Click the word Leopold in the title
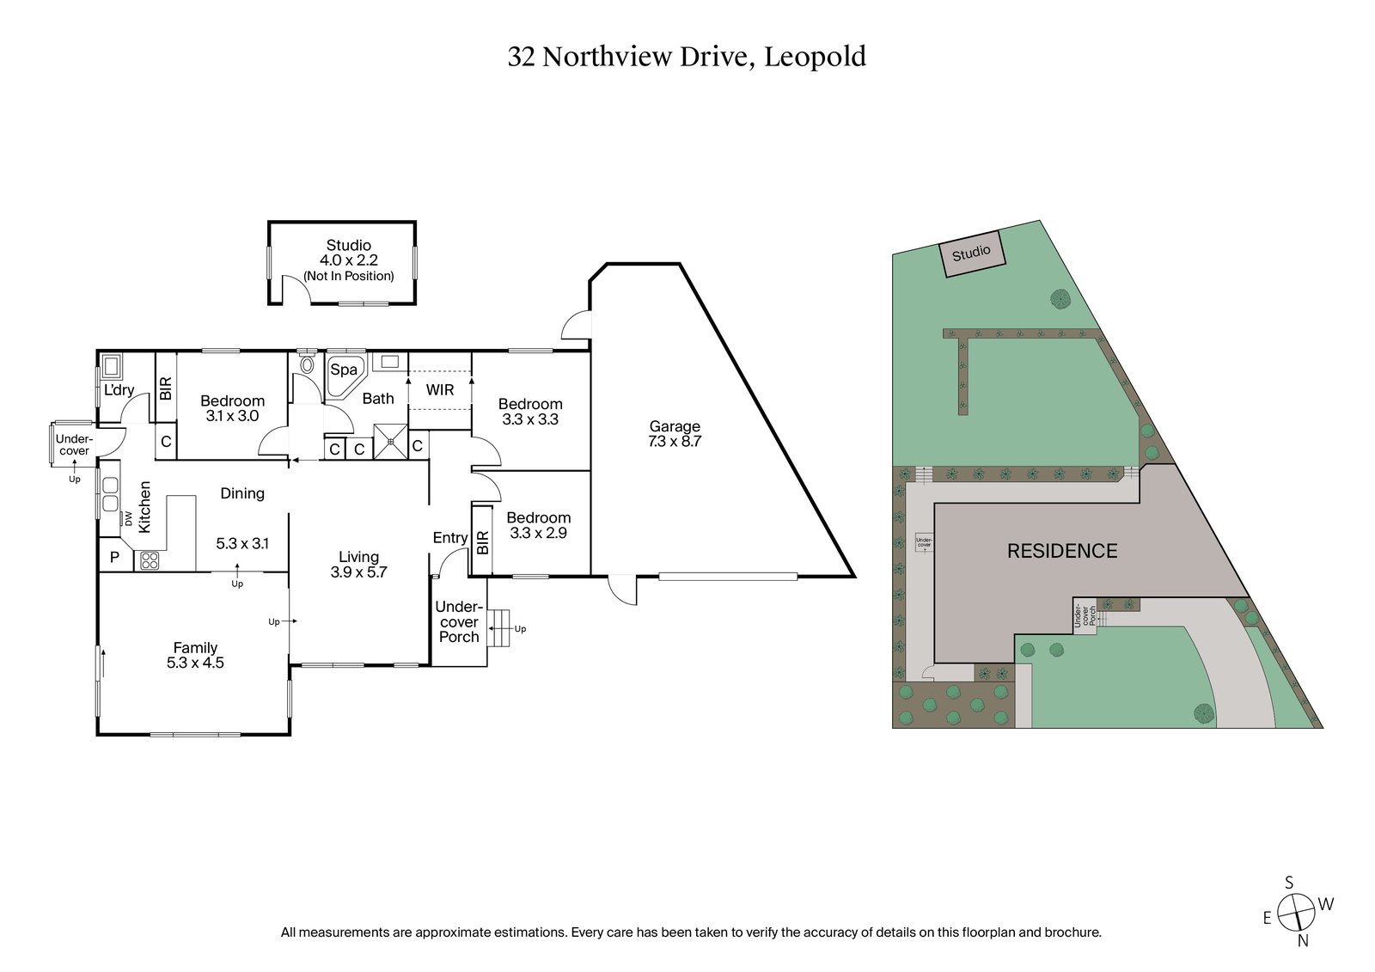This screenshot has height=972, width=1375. (815, 57)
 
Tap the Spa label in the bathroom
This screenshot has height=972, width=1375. (344, 370)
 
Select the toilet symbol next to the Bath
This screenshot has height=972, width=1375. (307, 365)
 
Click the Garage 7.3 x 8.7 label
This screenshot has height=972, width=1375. (675, 434)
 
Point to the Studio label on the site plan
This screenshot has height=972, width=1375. (971, 253)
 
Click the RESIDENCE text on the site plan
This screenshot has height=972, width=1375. (1062, 551)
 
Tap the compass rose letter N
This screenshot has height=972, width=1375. (1303, 940)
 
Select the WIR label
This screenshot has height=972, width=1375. (440, 389)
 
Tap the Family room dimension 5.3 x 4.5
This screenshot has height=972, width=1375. (195, 663)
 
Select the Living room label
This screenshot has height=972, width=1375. (358, 557)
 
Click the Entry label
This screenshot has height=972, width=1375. (450, 538)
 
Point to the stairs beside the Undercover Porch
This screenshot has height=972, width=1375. (498, 628)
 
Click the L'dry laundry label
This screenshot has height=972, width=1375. (119, 390)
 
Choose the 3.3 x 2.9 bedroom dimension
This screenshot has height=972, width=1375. (539, 533)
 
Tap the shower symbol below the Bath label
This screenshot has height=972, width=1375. (391, 442)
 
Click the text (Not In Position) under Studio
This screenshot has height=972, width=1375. (349, 276)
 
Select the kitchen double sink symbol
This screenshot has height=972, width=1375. (111, 494)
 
